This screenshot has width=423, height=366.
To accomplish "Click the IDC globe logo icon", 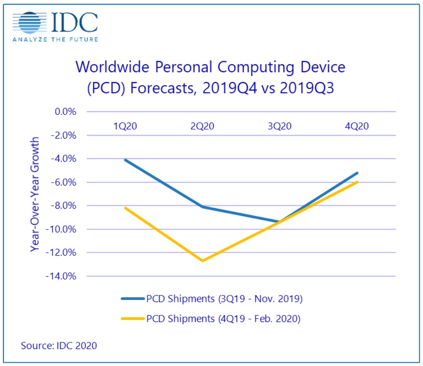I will [x=29, y=23].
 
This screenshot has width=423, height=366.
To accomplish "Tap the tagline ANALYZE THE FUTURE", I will [x=55, y=40].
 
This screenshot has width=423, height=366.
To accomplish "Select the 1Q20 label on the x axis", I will [x=125, y=126].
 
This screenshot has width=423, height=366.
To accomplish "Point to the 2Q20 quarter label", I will [x=202, y=126].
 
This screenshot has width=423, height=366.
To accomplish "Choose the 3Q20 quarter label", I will [x=280, y=126].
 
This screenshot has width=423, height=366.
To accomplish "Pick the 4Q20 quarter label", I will [x=357, y=126].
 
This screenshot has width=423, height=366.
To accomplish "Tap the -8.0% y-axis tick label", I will [x=64, y=206].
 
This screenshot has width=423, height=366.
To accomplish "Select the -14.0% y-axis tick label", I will [x=62, y=276].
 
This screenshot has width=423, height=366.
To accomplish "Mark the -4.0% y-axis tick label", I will [x=64, y=159].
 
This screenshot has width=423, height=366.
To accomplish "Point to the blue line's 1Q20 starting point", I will [x=125, y=160].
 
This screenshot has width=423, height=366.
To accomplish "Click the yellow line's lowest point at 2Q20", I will [x=202, y=261].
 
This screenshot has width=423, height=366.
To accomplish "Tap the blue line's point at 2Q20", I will [x=202, y=207].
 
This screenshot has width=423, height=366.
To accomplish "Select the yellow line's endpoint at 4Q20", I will [x=357, y=182].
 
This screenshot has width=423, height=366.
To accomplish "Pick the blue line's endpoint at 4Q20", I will [x=357, y=173].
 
